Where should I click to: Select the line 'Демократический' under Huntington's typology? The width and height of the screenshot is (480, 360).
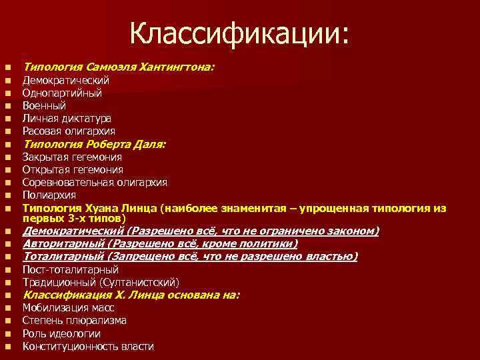[65, 80]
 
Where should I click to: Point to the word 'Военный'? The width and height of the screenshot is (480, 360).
[44, 105]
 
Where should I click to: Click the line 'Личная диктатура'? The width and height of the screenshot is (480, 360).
[67, 118]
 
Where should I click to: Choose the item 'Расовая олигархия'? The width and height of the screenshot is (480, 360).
[69, 131]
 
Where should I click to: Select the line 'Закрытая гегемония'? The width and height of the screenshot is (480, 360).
[72, 157]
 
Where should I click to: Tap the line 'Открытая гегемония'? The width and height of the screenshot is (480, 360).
[73, 170]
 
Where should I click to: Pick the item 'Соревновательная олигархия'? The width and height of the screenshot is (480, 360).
[95, 182]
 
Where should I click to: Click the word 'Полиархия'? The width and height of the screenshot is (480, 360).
[49, 195]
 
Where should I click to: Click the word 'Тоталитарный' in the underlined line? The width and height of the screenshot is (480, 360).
[63, 257]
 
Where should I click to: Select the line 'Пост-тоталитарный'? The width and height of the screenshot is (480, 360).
[71, 270]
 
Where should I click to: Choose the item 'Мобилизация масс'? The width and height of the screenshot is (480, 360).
[68, 308]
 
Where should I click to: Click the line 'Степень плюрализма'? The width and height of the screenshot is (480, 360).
[75, 321]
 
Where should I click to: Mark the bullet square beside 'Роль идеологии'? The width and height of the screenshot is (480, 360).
[7, 334]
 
